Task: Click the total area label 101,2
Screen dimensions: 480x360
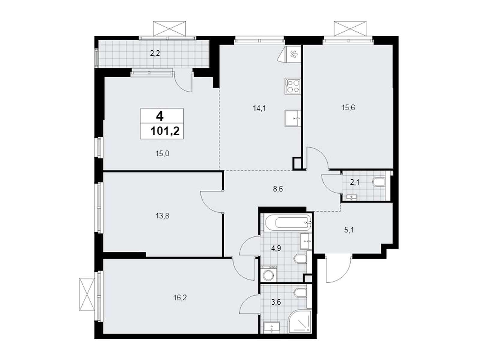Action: click(165, 131)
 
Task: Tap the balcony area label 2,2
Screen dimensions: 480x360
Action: click(155, 54)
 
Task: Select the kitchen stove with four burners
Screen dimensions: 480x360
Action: click(292, 86)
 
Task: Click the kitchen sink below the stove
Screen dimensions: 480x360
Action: click(293, 118)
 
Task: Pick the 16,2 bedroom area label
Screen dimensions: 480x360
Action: click(180, 298)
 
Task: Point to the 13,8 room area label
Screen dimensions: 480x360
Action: click(162, 216)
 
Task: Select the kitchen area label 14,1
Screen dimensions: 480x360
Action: click(259, 108)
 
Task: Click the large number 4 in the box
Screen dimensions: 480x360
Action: click(160, 116)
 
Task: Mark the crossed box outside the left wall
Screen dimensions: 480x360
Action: click(87, 294)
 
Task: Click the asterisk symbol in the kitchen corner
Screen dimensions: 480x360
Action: click(292, 54)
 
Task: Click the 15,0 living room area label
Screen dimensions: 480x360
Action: click(162, 154)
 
